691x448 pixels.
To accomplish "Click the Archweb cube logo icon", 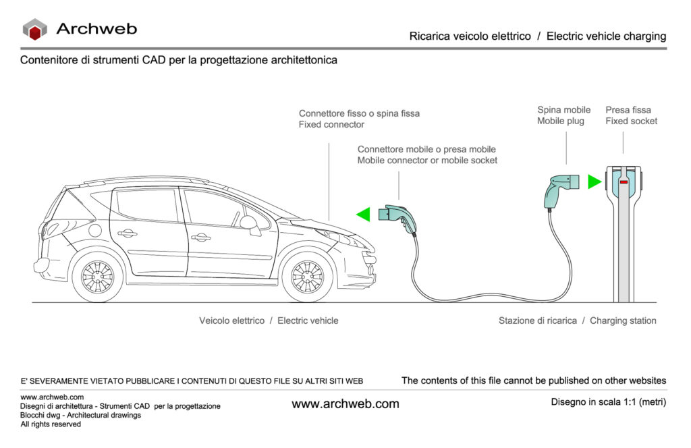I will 34,29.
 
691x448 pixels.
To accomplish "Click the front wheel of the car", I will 307,277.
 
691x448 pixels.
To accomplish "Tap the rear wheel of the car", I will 97,277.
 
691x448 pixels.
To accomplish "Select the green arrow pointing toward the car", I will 364,215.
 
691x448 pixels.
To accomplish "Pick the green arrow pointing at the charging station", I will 594,181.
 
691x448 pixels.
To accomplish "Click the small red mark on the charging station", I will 624,181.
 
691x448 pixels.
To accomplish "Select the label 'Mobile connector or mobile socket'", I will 427,161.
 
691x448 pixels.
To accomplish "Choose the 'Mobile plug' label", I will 560,121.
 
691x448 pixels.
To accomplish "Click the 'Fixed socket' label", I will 631,121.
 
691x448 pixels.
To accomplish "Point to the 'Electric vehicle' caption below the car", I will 308,320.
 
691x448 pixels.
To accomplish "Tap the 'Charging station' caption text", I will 623,320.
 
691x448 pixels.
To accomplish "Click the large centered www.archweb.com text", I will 345,404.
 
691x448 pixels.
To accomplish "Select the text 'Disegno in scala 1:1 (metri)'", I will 608,402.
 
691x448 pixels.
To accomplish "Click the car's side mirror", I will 251,223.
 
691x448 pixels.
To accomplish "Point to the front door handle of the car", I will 200,237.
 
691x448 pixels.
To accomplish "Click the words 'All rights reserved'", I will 51,424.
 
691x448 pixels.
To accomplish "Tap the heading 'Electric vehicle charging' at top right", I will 606,36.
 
